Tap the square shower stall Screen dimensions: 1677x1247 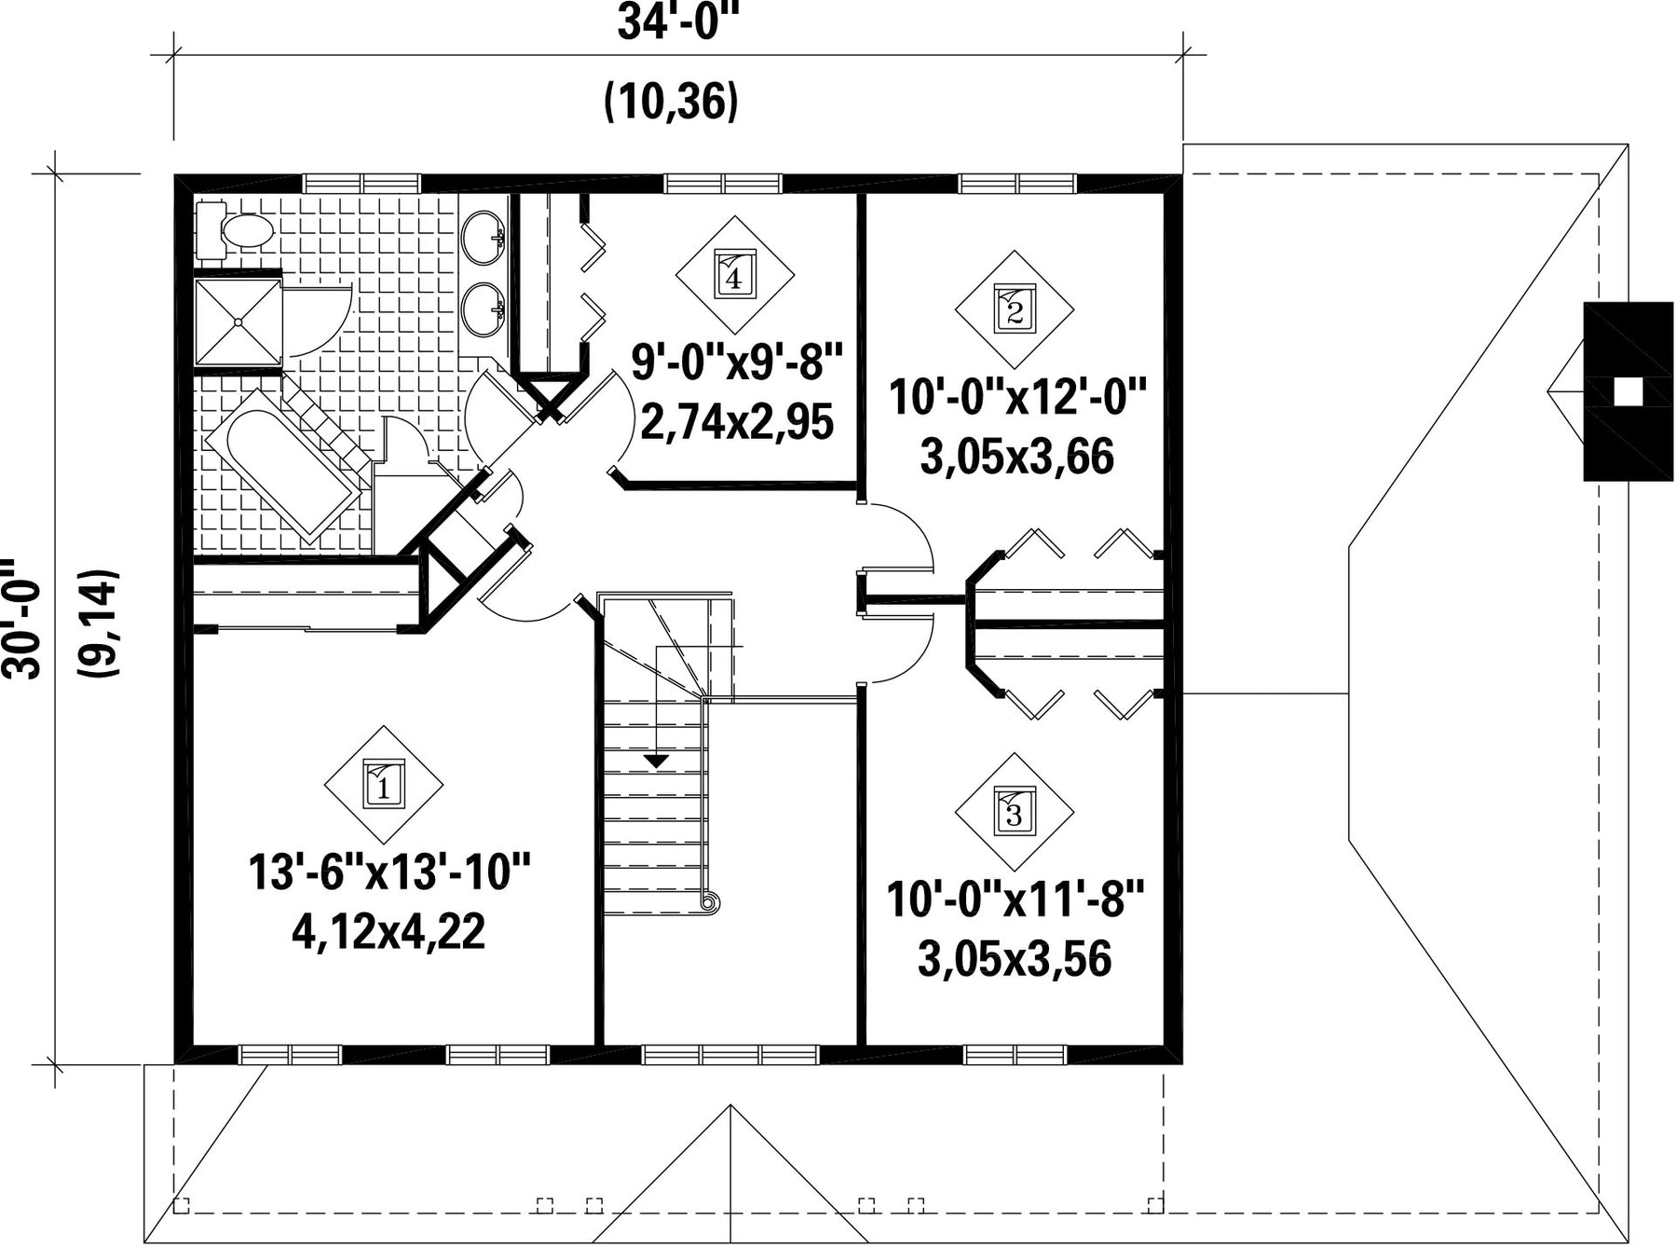tap(239, 322)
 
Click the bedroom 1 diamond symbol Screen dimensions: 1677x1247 tap(383, 785)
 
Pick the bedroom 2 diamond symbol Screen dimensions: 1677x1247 tap(1015, 308)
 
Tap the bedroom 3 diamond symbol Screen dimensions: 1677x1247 tap(1014, 812)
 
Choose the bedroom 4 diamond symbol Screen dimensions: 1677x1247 tap(734, 275)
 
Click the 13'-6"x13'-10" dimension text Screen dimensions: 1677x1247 tap(389, 873)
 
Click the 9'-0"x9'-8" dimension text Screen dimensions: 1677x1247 tap(737, 362)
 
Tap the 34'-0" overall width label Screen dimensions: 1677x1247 tap(672, 23)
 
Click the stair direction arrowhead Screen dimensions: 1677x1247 tap(658, 761)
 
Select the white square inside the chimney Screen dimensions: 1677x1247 tap(1628, 392)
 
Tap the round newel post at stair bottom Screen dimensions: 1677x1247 tap(709, 902)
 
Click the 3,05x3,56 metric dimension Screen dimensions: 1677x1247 tap(1015, 959)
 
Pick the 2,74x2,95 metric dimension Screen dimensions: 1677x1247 tap(736, 422)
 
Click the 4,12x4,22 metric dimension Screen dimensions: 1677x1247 tap(389, 931)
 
